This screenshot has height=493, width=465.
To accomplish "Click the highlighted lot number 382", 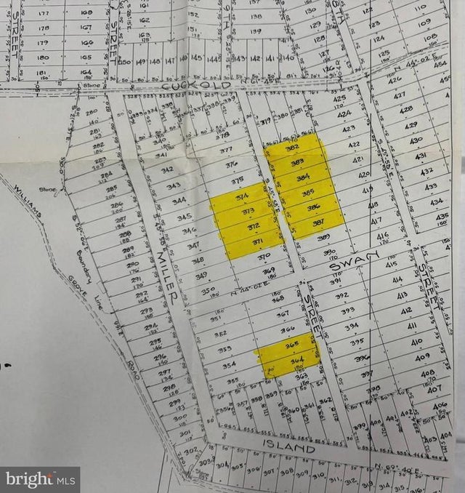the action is tap(294, 148).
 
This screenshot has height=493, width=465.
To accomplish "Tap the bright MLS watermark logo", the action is tap(40, 479).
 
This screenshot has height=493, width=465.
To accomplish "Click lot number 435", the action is tap(441, 216).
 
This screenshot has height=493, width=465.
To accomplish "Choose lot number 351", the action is tap(216, 318).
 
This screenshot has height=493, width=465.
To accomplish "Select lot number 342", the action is tap(167, 170).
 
